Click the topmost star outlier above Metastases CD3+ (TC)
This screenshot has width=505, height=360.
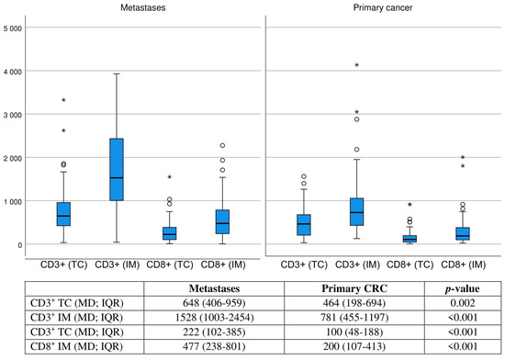coord(63,100)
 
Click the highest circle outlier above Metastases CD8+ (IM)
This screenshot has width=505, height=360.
coord(222,146)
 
